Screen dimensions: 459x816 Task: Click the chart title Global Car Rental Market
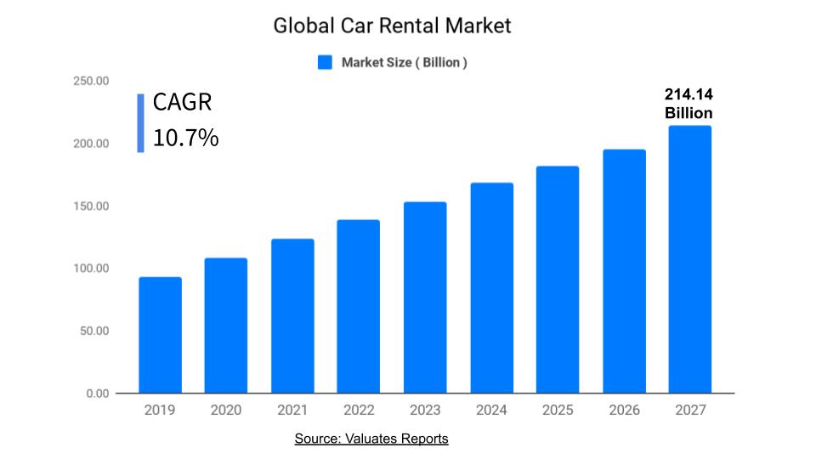392,26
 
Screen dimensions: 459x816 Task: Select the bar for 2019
160,335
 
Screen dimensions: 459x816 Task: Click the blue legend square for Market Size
325,62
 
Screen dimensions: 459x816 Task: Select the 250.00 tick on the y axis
90,82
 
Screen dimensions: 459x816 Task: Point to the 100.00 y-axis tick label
90,269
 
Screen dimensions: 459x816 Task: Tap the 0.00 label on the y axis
98,394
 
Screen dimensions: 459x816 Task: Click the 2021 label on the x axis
292,411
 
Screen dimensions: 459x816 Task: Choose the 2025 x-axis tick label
557,411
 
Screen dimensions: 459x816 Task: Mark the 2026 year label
623,411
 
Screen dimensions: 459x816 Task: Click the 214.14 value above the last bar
688,95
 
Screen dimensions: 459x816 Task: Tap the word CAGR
182,103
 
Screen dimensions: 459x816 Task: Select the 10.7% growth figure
185,138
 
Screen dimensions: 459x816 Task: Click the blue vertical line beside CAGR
140,123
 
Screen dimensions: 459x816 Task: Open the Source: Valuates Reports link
371,439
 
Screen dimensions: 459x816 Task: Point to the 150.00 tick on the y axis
90,207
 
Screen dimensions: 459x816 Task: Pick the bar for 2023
424,297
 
